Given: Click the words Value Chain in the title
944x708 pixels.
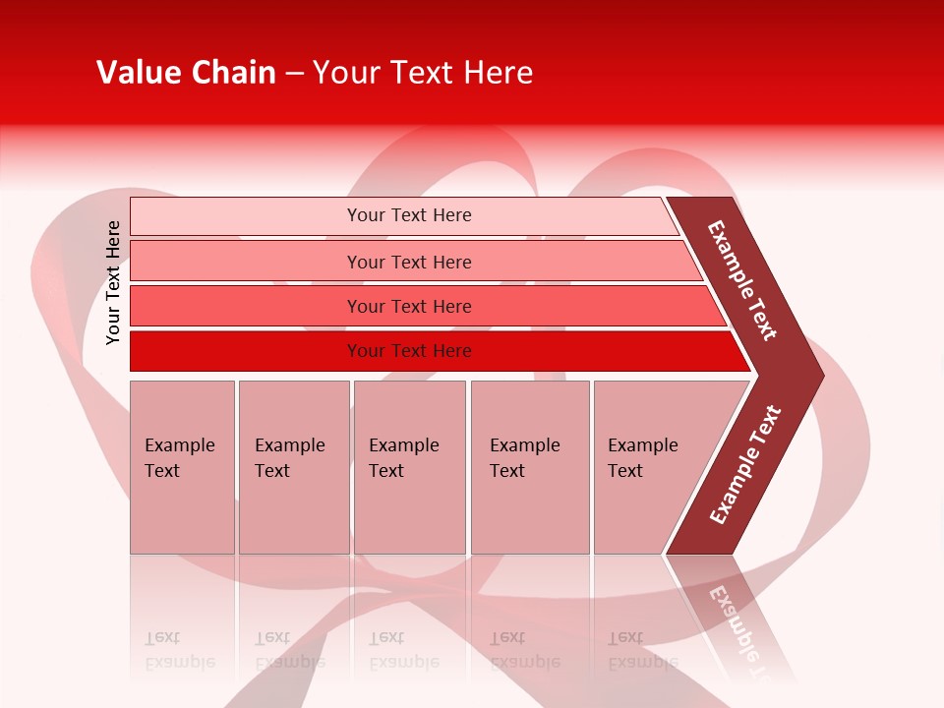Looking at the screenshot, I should pos(186,73).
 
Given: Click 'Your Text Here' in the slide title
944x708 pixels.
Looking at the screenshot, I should pos(423,73).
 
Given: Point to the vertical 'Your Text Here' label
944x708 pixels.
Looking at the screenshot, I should pos(113,282).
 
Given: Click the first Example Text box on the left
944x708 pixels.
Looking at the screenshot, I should pos(182,467).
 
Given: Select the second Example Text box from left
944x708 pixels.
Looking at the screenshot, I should pos(293,467).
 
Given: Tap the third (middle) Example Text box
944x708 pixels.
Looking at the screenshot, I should pos(409,467).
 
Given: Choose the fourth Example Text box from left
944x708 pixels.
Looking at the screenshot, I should pos(529,467).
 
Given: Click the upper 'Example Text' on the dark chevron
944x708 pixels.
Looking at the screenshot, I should pos(742,280).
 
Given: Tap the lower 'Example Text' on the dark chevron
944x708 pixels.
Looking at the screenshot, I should pos(745,465).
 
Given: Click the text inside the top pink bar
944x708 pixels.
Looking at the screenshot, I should pos(409,215).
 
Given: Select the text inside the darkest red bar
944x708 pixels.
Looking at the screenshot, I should pos(409,351).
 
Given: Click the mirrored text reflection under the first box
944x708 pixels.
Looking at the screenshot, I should pos(179,650).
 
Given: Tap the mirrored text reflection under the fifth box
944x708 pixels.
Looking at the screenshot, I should pos(642,650).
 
